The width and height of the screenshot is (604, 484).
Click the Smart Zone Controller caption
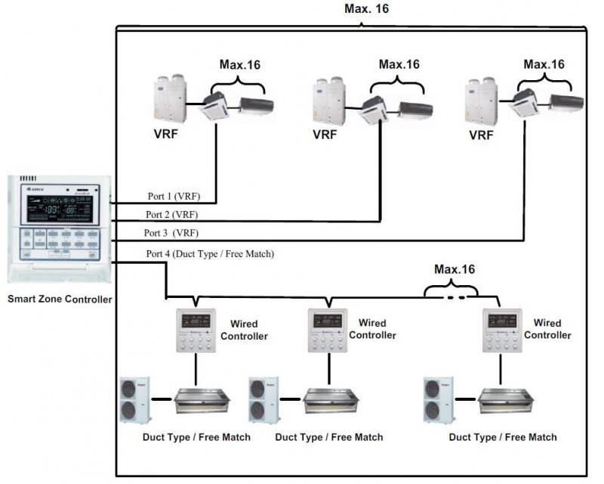[60, 299]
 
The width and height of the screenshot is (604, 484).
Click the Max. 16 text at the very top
[362, 8]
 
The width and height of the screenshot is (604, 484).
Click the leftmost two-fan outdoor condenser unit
[136, 399]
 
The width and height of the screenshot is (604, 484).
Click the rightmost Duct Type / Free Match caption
[503, 437]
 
